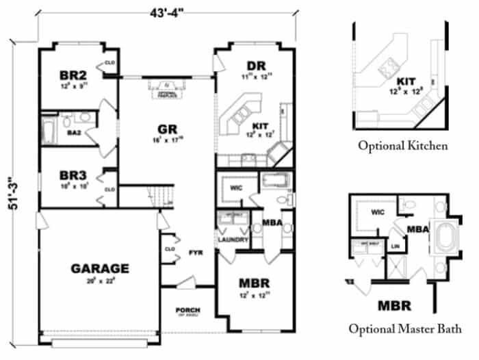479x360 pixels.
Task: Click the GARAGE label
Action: [x=100, y=268]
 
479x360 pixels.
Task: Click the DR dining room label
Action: [x=256, y=66]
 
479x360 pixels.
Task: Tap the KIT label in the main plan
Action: [x=260, y=126]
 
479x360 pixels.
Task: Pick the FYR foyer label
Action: [x=195, y=253]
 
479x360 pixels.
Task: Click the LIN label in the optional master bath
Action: [x=395, y=245]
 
